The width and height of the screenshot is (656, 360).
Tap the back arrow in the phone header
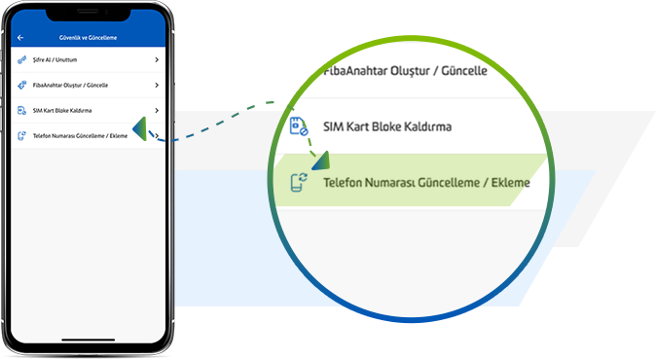point(20,38)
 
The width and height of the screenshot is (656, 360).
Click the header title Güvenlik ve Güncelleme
point(88,38)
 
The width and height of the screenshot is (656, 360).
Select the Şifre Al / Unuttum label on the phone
point(55,59)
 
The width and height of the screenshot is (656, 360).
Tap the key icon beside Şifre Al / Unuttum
point(21,60)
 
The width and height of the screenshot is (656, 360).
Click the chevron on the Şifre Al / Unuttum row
point(157,59)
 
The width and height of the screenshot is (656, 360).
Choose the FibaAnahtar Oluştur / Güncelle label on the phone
point(70,86)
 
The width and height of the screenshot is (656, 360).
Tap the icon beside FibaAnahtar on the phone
point(21,86)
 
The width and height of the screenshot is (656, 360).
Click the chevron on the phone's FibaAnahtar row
point(157,86)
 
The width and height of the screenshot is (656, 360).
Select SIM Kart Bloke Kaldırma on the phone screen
point(62,111)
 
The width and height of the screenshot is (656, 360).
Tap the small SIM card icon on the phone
point(21,111)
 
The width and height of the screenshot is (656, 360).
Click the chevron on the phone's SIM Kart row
point(157,110)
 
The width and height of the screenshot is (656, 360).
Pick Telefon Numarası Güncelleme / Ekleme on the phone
point(80,136)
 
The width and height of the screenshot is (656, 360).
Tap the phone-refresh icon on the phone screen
point(21,136)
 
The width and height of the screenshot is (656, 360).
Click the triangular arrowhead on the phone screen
point(140,128)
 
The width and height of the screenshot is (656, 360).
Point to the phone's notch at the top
point(89,15)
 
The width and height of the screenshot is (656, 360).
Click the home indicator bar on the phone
point(89,340)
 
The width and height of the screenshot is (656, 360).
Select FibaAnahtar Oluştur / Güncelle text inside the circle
point(406,71)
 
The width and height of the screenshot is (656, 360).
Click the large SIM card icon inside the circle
point(299,126)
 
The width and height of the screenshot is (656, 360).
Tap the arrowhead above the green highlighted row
point(321,161)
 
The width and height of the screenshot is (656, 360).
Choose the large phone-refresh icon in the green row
point(299,182)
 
